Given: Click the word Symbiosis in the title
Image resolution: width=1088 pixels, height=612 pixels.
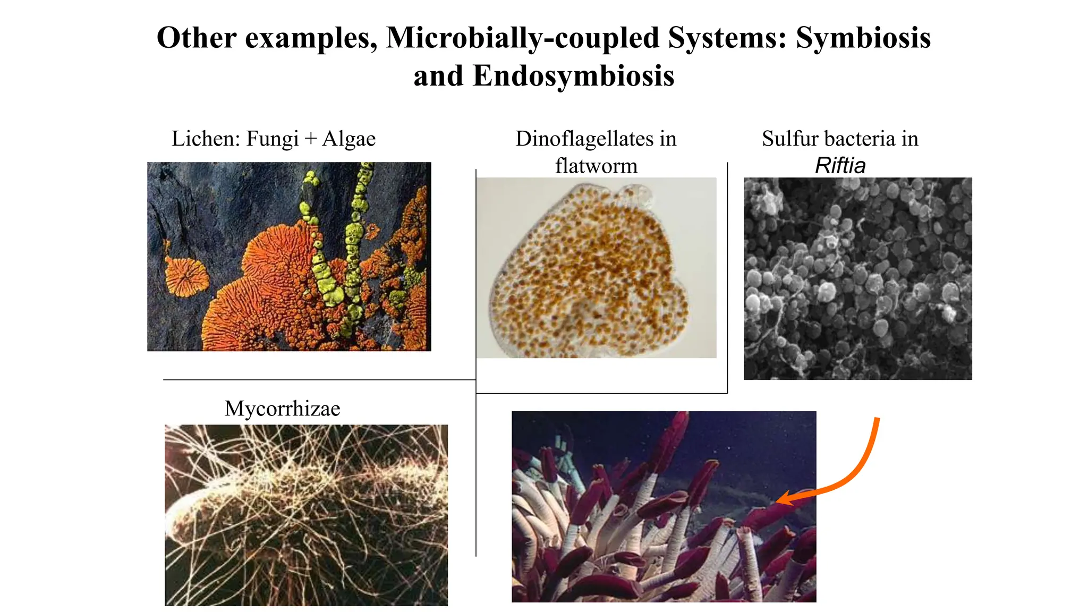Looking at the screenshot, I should click(863, 38).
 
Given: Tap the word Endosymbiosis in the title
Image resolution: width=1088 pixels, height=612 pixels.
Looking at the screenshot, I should click(573, 76).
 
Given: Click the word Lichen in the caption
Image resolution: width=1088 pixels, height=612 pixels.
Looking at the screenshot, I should click(202, 139).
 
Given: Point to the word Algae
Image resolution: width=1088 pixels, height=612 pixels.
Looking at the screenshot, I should click(349, 139).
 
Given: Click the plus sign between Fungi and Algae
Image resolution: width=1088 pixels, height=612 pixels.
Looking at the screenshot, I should click(311, 140).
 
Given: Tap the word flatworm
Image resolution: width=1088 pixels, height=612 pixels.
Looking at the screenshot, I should click(596, 166).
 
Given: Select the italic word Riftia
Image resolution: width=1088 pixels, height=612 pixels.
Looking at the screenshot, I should click(840, 166).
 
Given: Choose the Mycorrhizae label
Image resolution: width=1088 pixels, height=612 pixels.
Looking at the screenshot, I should click(282, 409).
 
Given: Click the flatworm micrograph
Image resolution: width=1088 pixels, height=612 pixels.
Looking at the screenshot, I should click(596, 268).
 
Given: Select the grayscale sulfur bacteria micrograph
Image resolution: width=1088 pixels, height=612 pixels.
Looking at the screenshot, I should click(857, 278).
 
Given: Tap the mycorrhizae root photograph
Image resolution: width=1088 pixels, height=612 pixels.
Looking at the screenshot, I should click(306, 515).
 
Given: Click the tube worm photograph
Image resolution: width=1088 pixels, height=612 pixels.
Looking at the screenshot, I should click(664, 506).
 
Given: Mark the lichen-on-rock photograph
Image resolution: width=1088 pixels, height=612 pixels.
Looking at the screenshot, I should click(289, 256).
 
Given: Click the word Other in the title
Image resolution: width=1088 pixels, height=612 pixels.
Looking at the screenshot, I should click(197, 38).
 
